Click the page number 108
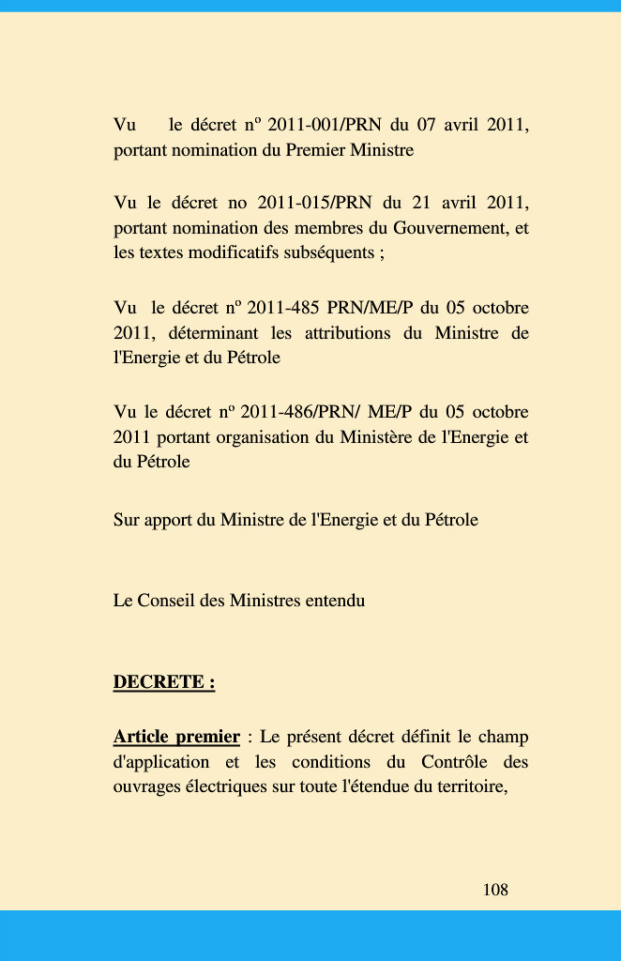495,889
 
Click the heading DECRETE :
164,682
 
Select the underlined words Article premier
176,736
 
